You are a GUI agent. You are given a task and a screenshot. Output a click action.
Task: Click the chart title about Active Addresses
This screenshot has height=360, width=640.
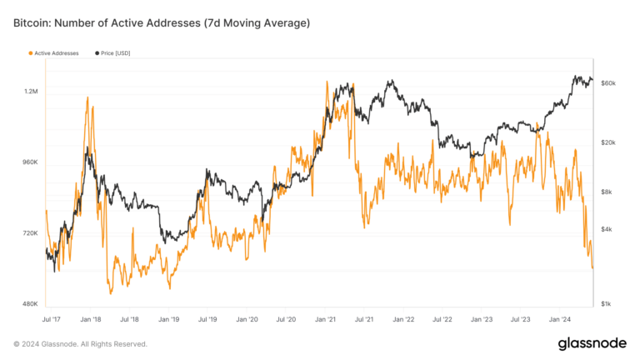pyautogui.click(x=162, y=22)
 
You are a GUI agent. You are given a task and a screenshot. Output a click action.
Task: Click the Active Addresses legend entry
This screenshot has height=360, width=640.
pyautogui.click(x=53, y=53)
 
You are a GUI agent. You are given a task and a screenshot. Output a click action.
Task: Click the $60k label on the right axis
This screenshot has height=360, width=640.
pyautogui.click(x=607, y=83)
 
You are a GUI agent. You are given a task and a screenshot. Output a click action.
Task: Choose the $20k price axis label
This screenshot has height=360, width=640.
pyautogui.click(x=607, y=142)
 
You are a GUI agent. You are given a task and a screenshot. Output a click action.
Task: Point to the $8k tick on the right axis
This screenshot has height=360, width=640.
pyautogui.click(x=606, y=192)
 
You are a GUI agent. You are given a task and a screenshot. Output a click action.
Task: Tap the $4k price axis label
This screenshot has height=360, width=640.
pyautogui.click(x=606, y=229)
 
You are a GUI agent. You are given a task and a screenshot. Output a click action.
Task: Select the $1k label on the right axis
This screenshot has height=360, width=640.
pyautogui.click(x=606, y=304)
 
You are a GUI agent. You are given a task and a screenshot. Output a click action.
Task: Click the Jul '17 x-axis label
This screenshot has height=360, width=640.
pyautogui.click(x=51, y=318)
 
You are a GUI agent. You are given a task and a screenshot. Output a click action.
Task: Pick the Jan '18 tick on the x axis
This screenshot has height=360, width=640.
pyautogui.click(x=91, y=318)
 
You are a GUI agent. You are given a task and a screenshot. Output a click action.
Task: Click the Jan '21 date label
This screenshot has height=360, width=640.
pyautogui.click(x=325, y=318)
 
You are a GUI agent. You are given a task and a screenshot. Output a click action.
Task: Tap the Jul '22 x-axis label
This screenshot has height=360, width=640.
pyautogui.click(x=442, y=318)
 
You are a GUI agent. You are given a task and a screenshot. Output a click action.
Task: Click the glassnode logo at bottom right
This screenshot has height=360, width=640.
pyautogui.click(x=593, y=343)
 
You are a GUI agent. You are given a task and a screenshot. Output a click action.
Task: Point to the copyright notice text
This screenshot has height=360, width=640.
pyautogui.click(x=80, y=343)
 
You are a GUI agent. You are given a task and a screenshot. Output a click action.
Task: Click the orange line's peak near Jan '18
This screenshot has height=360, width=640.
pyautogui.click(x=87, y=97)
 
